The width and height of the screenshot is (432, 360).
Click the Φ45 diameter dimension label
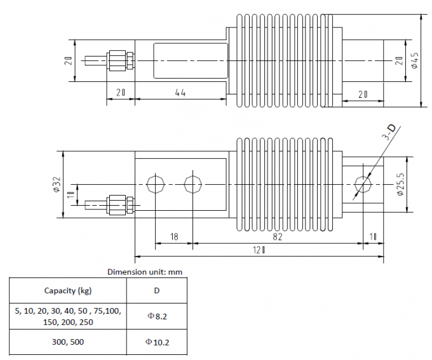coord(415,60)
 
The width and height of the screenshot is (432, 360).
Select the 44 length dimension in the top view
coord(180,93)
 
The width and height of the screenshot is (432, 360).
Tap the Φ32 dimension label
coord(57,184)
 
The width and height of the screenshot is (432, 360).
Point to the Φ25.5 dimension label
coord(400,184)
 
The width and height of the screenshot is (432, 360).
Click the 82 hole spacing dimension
coord(278,237)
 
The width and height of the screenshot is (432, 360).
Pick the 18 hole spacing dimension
coord(174,237)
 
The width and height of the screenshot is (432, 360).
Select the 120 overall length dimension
coord(259,250)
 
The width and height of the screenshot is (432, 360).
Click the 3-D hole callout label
coord(390,132)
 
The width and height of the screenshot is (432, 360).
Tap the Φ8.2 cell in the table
coord(157,316)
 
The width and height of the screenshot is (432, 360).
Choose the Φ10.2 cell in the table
coord(157,342)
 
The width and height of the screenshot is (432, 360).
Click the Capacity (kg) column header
coord(68,291)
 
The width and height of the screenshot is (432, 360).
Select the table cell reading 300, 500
coord(68,342)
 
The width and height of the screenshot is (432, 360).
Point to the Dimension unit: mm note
coord(145,272)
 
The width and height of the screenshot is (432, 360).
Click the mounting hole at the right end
coord(363,184)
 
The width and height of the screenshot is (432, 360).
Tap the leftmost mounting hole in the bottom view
coord(156,184)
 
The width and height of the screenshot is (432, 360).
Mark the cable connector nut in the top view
coord(118,60)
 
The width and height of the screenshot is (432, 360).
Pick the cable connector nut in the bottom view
coord(118,205)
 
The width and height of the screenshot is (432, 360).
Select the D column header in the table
coord(157,291)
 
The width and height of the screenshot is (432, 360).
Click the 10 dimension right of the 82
coord(373,237)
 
